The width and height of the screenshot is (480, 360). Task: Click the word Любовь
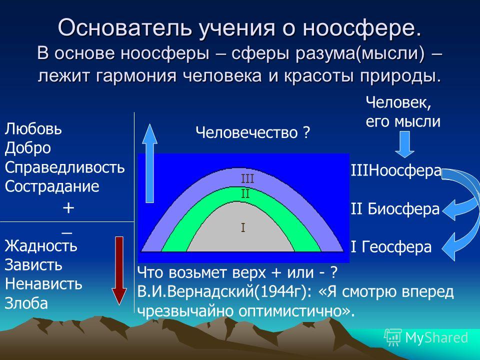pyautogui.click(x=33, y=129)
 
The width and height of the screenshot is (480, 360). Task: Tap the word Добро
pyautogui.click(x=28, y=148)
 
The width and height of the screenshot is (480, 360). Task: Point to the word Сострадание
pyautogui.click(x=52, y=186)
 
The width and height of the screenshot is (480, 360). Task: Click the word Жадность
pyautogui.click(x=41, y=245)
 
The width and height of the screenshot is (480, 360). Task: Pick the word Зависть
pyautogui.click(x=33, y=265)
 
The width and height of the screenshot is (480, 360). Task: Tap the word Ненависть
pyautogui.click(x=43, y=284)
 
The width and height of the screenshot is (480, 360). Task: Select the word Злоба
pyautogui.click(x=26, y=303)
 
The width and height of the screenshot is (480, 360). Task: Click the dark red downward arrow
pyautogui.click(x=119, y=270)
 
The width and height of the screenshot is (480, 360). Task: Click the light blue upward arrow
pyautogui.click(x=149, y=163)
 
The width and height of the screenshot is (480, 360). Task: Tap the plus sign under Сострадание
pyautogui.click(x=68, y=208)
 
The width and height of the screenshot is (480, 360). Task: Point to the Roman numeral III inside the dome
pyautogui.click(x=247, y=178)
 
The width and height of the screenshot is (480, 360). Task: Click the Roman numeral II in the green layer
pyautogui.click(x=245, y=194)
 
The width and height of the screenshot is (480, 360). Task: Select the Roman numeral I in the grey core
pyautogui.click(x=243, y=227)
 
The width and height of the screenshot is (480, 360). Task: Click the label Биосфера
pyautogui.click(x=403, y=209)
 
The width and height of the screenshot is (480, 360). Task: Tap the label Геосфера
pyautogui.click(x=396, y=246)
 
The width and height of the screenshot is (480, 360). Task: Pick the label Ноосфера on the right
pyautogui.click(x=404, y=171)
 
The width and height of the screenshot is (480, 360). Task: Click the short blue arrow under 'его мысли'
pyautogui.click(x=404, y=144)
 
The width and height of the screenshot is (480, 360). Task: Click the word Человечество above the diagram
pyautogui.click(x=246, y=133)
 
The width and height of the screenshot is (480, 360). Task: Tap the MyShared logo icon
pyautogui.click(x=393, y=337)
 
